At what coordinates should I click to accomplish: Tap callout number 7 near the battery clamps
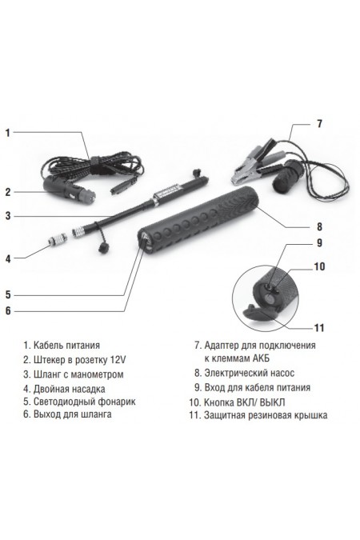pyautogui.click(x=319, y=123)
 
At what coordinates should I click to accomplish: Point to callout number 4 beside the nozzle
pyautogui.click(x=9, y=258)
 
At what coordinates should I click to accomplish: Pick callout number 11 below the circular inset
pyautogui.click(x=319, y=327)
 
